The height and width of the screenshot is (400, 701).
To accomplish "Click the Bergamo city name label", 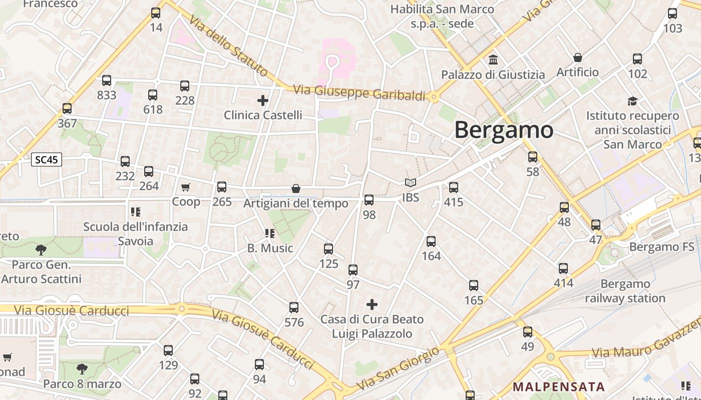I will (504, 130).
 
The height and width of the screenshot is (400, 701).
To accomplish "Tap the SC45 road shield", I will (47, 160).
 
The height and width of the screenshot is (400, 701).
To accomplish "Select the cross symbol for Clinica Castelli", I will (263, 100).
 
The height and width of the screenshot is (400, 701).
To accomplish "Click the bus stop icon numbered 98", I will (369, 200).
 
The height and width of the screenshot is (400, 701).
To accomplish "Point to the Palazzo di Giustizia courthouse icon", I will (493, 60).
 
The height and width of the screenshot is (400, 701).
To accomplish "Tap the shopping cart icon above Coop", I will (186, 187).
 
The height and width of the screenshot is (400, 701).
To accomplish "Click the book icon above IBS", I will (411, 183).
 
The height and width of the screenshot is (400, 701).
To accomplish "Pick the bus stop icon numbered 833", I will (107, 80).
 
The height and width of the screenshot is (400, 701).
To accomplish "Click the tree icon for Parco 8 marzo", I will (82, 369).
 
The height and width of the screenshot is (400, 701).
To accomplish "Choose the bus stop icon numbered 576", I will (294, 307).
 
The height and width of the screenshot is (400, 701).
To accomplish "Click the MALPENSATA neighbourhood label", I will (559, 386).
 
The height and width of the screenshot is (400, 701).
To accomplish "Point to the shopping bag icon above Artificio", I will (577, 57).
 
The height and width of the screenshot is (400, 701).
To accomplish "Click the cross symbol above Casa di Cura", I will (372, 304).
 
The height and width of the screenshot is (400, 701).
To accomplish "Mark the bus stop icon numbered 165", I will (474, 285).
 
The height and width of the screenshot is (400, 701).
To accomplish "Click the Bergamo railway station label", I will (625, 291).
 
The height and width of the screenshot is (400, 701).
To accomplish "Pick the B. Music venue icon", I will (270, 233).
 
